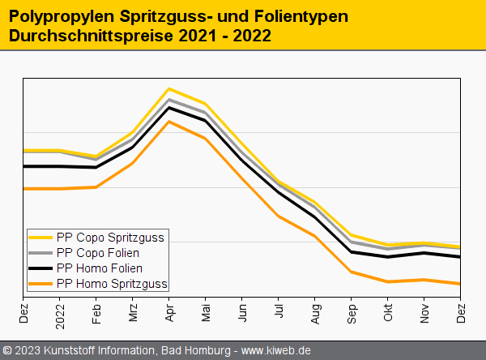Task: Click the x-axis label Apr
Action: click(x=169, y=312)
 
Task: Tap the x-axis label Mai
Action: click(x=206, y=312)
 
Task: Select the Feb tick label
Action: click(x=96, y=312)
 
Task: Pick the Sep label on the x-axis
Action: click(x=352, y=312)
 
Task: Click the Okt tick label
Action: click(x=388, y=312)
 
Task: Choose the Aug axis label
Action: click(x=315, y=312)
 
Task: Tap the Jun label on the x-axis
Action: click(x=242, y=312)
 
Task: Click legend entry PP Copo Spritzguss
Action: click(x=110, y=238)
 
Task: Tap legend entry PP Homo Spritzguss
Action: click(x=112, y=284)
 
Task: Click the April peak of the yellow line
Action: click(x=168, y=88)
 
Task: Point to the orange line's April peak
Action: click(x=168, y=122)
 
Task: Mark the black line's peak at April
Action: click(x=168, y=107)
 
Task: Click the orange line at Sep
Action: click(x=352, y=272)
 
